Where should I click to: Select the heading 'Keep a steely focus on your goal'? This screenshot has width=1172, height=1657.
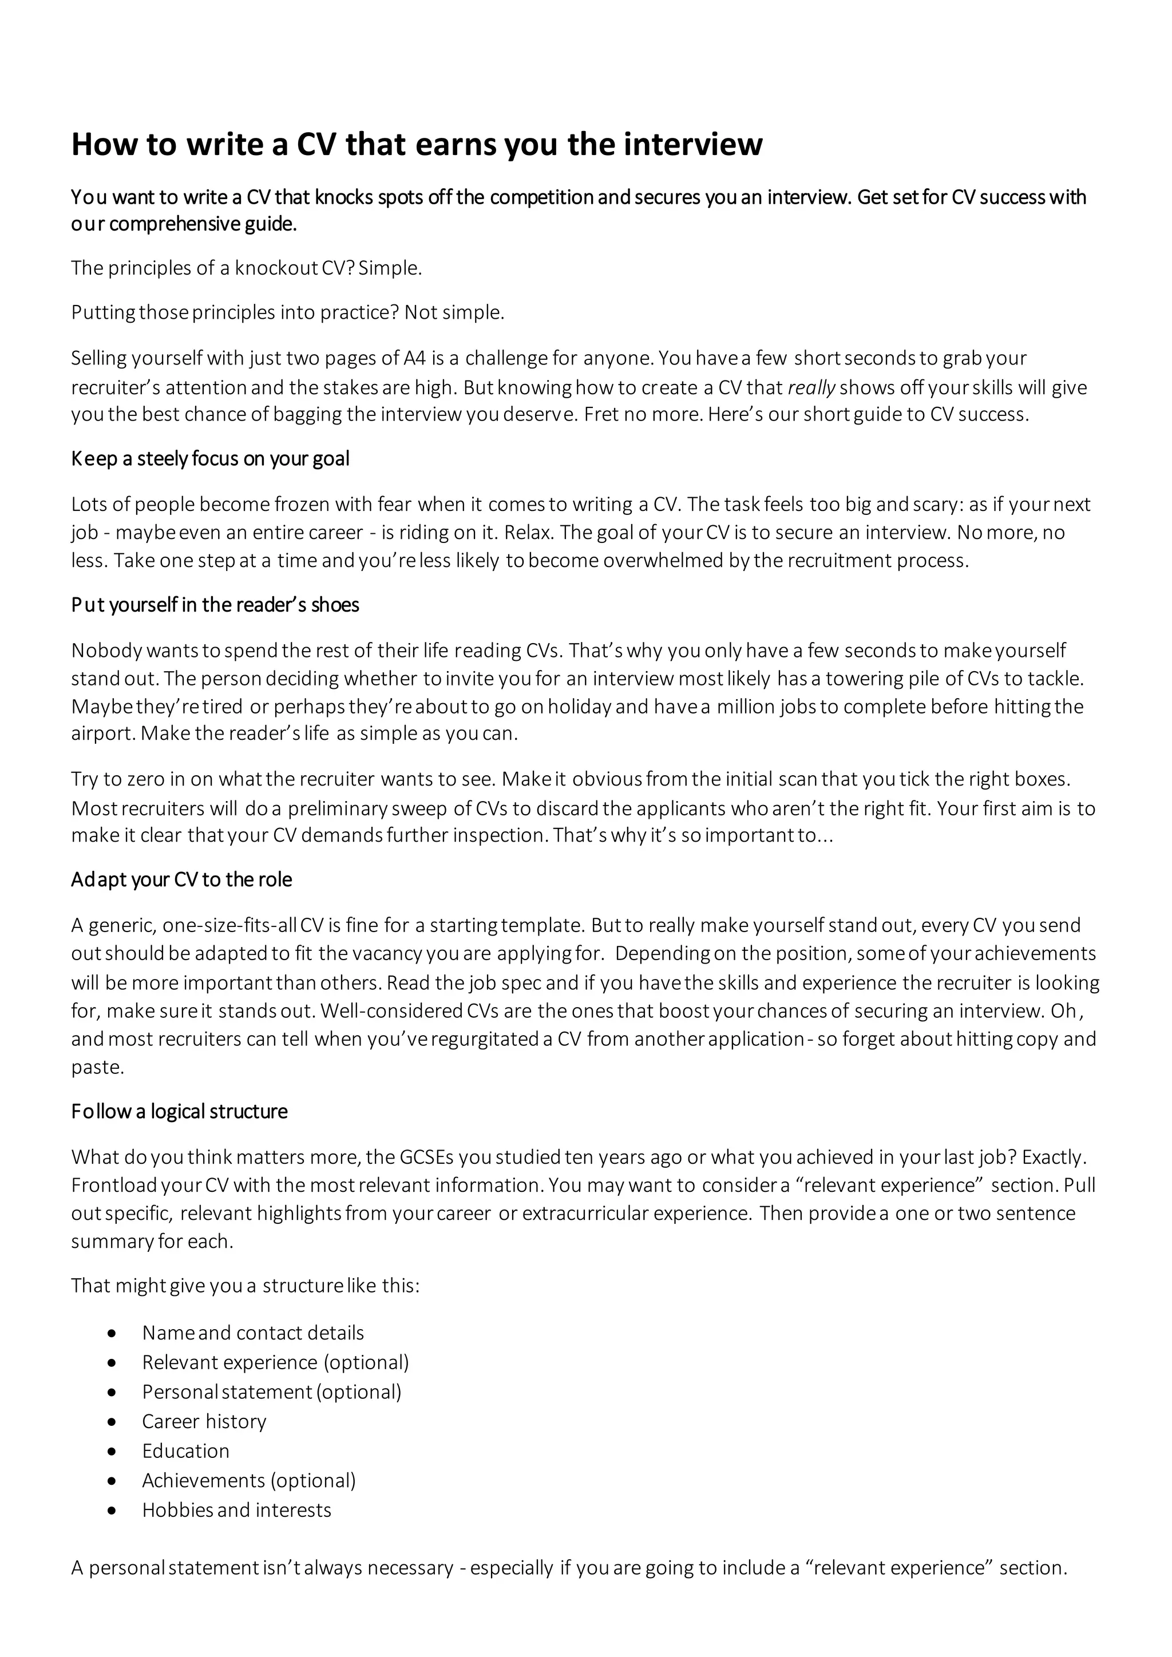pos(210,459)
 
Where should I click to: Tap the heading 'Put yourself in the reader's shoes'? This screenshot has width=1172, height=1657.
pos(215,605)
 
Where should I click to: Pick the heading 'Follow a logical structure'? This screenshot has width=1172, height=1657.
pos(179,1111)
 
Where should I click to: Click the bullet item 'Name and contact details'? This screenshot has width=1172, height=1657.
pos(252,1333)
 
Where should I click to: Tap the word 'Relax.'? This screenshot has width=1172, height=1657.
pos(529,533)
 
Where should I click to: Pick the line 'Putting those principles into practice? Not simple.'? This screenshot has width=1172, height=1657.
pos(288,312)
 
